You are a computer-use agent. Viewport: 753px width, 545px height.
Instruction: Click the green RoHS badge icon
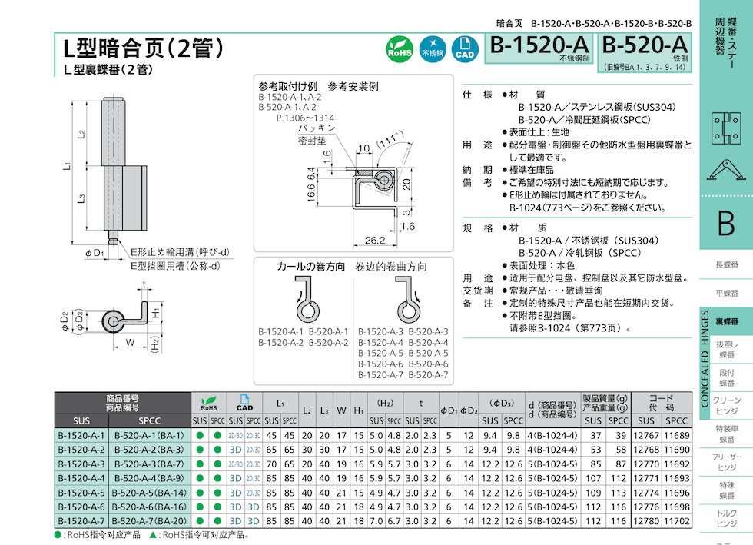(x=400, y=50)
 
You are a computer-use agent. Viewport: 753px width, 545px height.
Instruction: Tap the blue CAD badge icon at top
(x=464, y=50)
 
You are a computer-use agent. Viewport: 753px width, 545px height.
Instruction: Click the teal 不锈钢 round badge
(x=432, y=50)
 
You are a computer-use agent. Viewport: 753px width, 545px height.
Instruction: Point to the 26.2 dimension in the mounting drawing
(x=374, y=241)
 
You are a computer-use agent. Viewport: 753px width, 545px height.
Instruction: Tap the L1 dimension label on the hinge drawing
(x=68, y=166)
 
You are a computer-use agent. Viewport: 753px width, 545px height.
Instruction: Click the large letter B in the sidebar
(x=725, y=223)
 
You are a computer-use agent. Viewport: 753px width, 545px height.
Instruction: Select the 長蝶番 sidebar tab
(x=726, y=264)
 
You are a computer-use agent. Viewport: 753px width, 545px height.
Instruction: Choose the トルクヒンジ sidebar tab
(x=726, y=517)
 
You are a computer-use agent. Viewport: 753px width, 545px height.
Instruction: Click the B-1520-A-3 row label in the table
(x=81, y=464)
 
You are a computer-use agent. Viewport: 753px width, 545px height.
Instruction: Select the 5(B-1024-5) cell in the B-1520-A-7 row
(x=552, y=521)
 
